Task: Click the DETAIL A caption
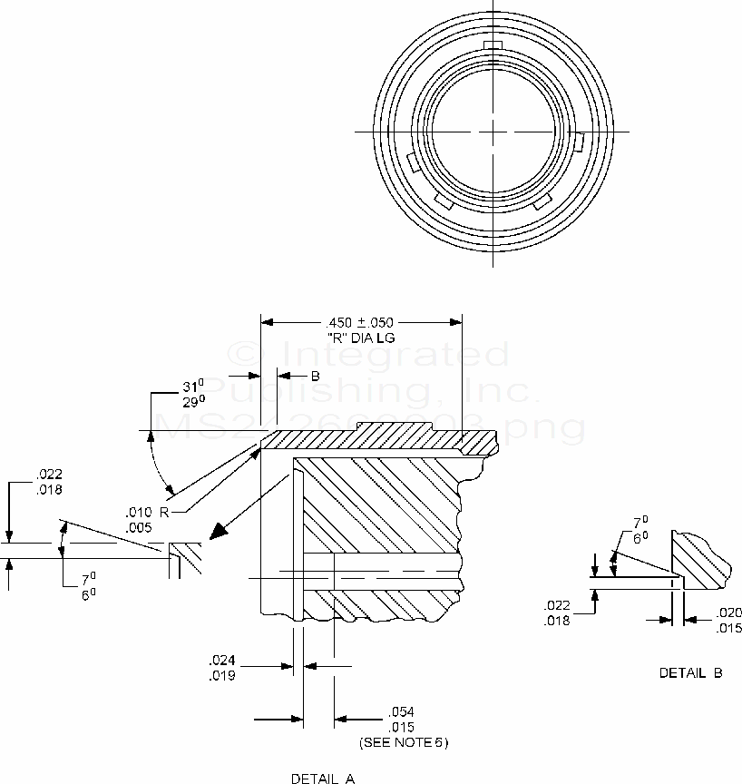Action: pyautogui.click(x=323, y=778)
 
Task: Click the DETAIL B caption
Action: pyautogui.click(x=691, y=672)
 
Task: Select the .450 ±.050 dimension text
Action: pyautogui.click(x=361, y=324)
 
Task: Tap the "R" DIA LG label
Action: pyautogui.click(x=361, y=338)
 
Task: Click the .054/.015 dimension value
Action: pyautogui.click(x=401, y=719)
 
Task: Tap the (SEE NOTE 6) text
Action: pyautogui.click(x=403, y=742)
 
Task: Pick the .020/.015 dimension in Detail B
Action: pyautogui.click(x=728, y=621)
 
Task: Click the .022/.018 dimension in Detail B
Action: pyautogui.click(x=557, y=612)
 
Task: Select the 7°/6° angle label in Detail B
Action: pyautogui.click(x=639, y=530)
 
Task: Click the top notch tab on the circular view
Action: pyautogui.click(x=492, y=45)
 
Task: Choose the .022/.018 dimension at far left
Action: pyautogui.click(x=48, y=483)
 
